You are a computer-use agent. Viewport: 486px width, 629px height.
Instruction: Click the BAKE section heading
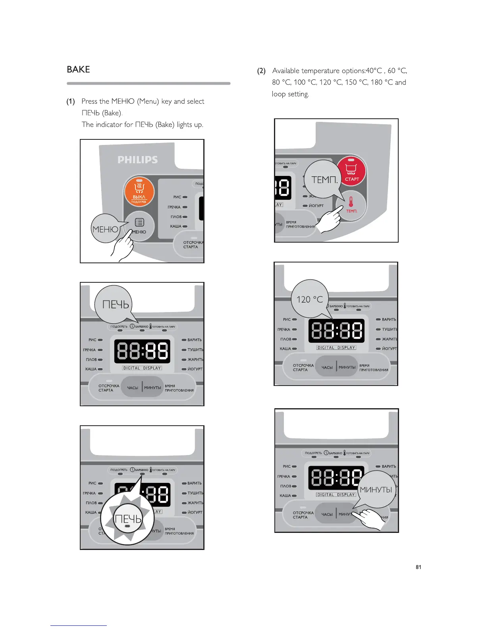[x=78, y=69]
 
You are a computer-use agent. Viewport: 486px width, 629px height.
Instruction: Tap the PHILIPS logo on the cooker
[x=137, y=160]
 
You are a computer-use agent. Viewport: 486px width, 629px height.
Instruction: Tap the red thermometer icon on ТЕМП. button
[x=351, y=202]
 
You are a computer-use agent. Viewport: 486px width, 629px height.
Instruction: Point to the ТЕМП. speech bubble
[x=324, y=179]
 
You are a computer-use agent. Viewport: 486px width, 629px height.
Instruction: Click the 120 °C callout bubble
[x=310, y=299]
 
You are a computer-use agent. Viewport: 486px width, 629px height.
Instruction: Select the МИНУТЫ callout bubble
[x=376, y=490]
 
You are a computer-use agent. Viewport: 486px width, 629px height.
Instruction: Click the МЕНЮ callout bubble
[x=105, y=229]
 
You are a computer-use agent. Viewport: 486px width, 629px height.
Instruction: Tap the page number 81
[x=418, y=567]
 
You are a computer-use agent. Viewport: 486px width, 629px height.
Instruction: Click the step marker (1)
[x=71, y=102]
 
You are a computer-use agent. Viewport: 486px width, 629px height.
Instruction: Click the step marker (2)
[x=261, y=71]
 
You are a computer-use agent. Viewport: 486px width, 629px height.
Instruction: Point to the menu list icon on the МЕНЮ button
[x=139, y=222]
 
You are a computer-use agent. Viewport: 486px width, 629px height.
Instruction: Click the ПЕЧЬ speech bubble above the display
[x=115, y=305]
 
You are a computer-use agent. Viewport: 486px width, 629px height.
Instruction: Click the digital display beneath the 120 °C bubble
[x=336, y=331]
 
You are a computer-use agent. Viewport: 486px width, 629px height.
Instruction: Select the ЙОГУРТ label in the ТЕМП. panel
[x=316, y=206]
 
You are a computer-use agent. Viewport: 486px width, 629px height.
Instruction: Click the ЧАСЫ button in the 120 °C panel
[x=327, y=367]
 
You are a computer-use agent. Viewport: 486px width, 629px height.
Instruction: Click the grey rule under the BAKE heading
[x=148, y=83]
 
